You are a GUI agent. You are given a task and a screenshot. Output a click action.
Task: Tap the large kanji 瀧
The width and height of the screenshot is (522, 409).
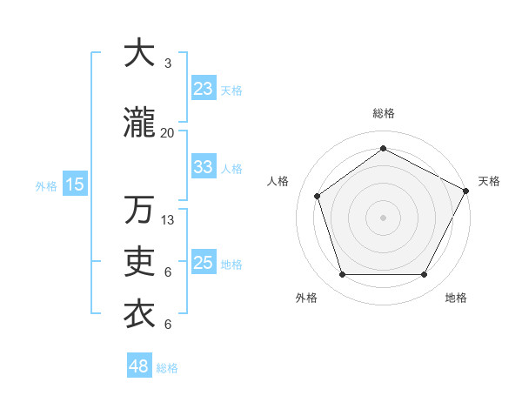[140, 124]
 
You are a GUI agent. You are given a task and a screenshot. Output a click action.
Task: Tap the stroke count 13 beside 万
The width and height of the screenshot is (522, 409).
[168, 219]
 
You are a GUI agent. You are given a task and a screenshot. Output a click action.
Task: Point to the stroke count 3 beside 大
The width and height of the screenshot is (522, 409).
[167, 64]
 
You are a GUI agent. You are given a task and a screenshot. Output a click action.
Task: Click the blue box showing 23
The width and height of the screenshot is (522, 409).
[203, 89]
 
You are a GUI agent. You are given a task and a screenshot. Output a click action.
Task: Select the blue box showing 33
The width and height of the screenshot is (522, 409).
[203, 167]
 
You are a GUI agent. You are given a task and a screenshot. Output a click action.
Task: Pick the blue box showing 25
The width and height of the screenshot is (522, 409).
[203, 263]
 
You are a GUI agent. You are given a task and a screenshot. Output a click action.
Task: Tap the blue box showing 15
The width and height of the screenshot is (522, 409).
[75, 184]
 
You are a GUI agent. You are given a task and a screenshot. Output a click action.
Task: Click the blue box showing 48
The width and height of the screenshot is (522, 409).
[139, 366]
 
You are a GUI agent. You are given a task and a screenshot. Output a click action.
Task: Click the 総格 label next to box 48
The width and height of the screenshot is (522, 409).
[167, 368]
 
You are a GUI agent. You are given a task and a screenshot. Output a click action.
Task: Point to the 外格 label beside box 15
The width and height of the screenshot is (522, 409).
[46, 185]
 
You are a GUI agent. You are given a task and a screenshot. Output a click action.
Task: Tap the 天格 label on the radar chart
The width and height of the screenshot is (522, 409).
[489, 181]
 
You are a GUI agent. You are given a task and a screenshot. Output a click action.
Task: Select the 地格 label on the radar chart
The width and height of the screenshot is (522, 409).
[456, 298]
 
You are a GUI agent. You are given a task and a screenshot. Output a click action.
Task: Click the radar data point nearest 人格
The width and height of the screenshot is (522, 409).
[318, 197]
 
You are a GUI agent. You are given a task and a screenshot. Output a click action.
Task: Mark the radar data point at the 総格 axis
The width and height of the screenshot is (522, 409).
[383, 149]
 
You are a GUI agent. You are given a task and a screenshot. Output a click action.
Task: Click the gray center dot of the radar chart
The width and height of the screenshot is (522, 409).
[383, 217]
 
